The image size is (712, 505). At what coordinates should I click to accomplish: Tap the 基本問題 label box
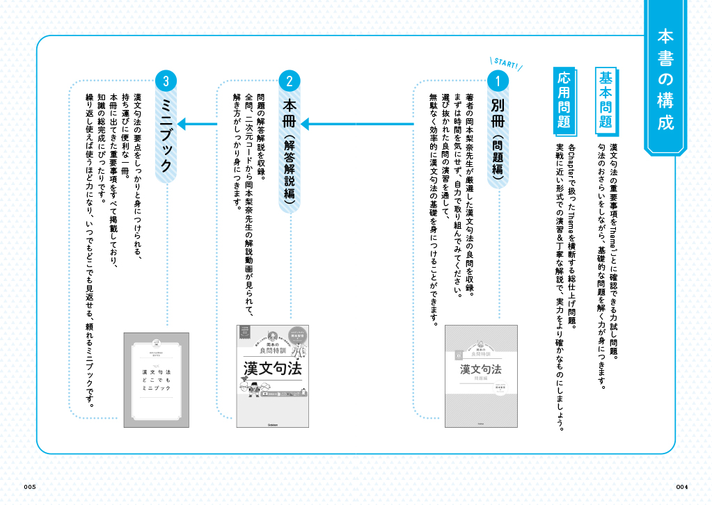(606, 102)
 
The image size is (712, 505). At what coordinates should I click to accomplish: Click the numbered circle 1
(497, 81)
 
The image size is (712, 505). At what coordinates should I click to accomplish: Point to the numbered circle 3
(166, 81)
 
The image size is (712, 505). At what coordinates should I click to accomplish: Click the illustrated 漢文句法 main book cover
(272, 376)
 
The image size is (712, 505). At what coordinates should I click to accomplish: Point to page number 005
(29, 486)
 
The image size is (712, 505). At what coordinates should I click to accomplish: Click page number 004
(681, 486)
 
